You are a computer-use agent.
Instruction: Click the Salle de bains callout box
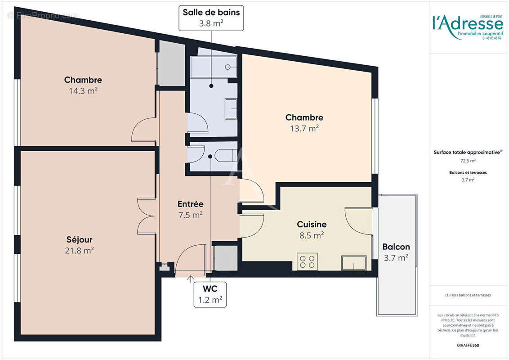(x=211, y=18)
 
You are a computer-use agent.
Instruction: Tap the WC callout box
(x=210, y=294)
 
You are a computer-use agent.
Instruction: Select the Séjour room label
(x=80, y=239)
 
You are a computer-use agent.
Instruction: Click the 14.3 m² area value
(x=83, y=90)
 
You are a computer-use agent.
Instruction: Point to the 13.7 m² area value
(x=304, y=128)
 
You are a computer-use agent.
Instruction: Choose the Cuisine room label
(x=312, y=224)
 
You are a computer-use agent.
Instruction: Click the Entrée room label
(x=190, y=204)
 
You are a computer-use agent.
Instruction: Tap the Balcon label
(x=396, y=247)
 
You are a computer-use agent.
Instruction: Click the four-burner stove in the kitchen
(x=307, y=261)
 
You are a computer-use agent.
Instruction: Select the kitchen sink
(x=353, y=262)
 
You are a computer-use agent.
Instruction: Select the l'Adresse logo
(x=467, y=22)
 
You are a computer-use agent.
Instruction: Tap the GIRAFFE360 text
(x=468, y=345)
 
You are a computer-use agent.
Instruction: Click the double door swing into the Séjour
(x=146, y=216)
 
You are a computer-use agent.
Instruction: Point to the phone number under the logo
(x=492, y=38)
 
